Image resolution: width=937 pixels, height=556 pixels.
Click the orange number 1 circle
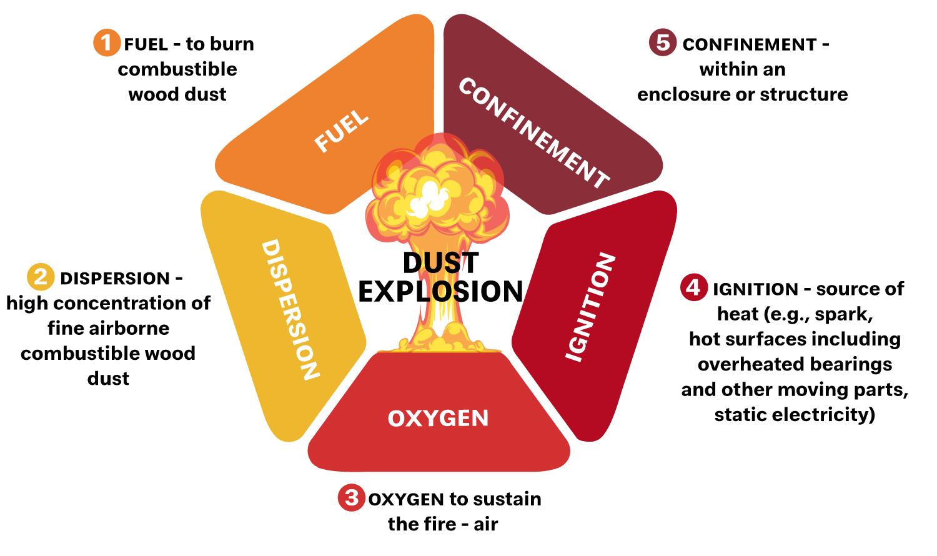click(x=107, y=43)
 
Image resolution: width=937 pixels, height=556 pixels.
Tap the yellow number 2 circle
click(x=41, y=277)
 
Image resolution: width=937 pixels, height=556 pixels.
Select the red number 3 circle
click(x=351, y=498)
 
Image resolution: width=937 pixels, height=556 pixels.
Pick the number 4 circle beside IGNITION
click(x=693, y=287)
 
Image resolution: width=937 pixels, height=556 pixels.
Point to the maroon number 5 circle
click(x=663, y=43)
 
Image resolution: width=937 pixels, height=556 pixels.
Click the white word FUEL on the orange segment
click(x=342, y=132)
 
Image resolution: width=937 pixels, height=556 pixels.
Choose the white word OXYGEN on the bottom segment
click(x=438, y=418)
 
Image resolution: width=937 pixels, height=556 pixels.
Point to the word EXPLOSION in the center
click(x=440, y=291)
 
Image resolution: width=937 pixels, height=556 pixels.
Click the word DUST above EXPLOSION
click(x=440, y=263)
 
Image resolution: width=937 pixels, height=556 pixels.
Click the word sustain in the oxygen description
click(x=507, y=499)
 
